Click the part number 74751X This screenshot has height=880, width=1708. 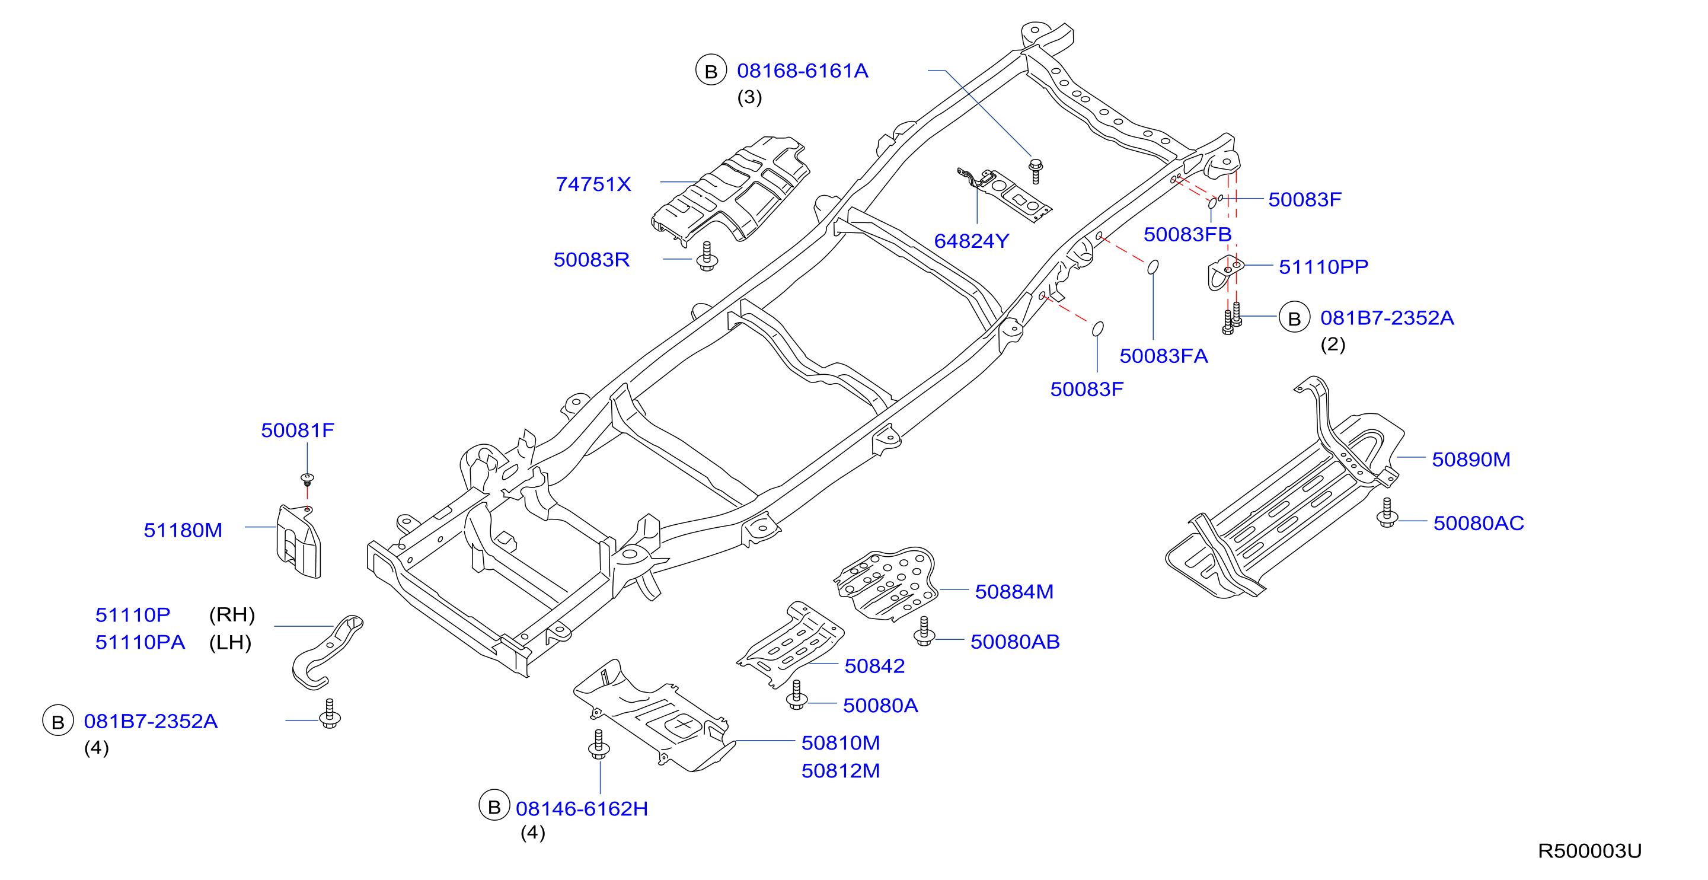tap(593, 184)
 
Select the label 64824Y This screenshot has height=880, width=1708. tap(970, 241)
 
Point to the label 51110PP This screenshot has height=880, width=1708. tap(1323, 267)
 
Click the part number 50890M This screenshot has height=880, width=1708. tap(1471, 459)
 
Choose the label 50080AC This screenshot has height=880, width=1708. tap(1478, 522)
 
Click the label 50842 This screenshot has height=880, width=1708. tap(874, 665)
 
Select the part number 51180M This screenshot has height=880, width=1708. tap(183, 530)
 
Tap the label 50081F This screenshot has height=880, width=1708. tap(297, 430)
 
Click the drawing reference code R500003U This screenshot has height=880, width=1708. tap(1589, 850)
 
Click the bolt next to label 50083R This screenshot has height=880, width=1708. tap(707, 256)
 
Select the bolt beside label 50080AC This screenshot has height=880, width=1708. tap(1387, 512)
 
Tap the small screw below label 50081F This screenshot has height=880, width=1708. tap(307, 480)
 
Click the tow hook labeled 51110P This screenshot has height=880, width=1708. tap(327, 651)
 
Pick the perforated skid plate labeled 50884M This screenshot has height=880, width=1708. tap(886, 584)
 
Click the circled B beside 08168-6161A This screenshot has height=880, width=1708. tap(711, 71)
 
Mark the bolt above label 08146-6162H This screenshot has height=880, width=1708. tap(599, 745)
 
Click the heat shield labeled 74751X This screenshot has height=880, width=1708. tap(730, 192)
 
